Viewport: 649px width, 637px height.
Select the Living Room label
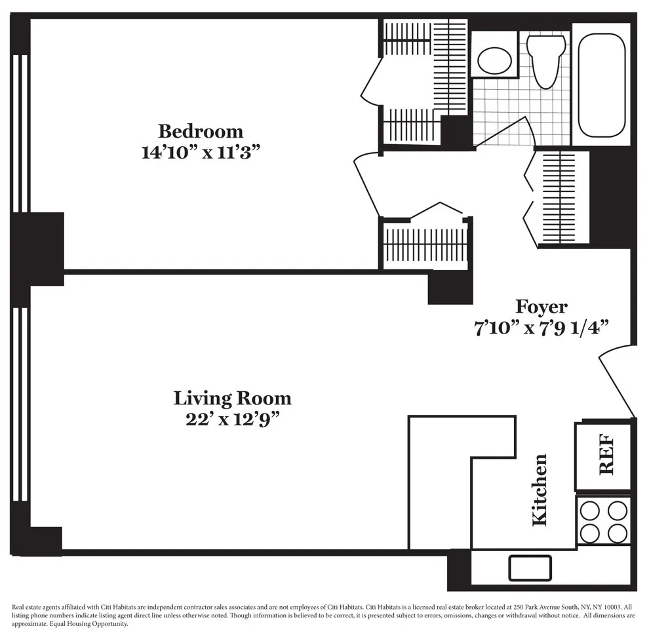coord(232,398)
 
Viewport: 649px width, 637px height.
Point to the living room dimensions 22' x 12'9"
coord(232,419)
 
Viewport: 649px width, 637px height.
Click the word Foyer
coord(541,306)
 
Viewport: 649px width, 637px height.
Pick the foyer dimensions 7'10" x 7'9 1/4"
coord(542,328)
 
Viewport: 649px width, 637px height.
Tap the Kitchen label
coord(540,490)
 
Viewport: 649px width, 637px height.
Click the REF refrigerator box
coord(604,456)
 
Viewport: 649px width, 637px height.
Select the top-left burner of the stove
coord(590,511)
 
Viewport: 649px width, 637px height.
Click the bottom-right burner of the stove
coord(618,533)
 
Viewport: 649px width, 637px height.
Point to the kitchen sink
coord(530,568)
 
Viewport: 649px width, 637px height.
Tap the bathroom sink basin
coord(494,60)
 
